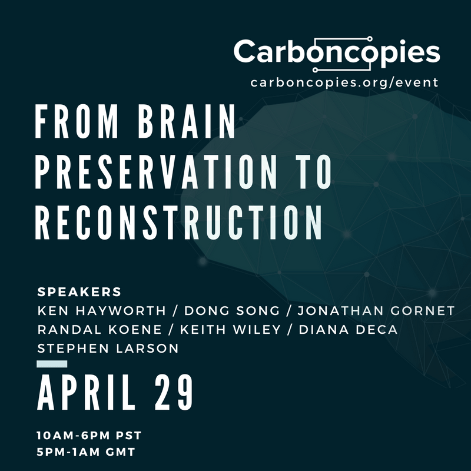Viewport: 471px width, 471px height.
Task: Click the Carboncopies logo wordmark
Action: pos(336,52)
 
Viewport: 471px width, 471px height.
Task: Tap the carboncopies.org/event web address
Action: pos(344,82)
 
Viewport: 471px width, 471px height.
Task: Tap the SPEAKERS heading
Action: pos(79,292)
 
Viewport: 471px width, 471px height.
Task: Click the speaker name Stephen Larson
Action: pos(108,349)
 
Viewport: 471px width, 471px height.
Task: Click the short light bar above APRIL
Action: pos(51,364)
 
